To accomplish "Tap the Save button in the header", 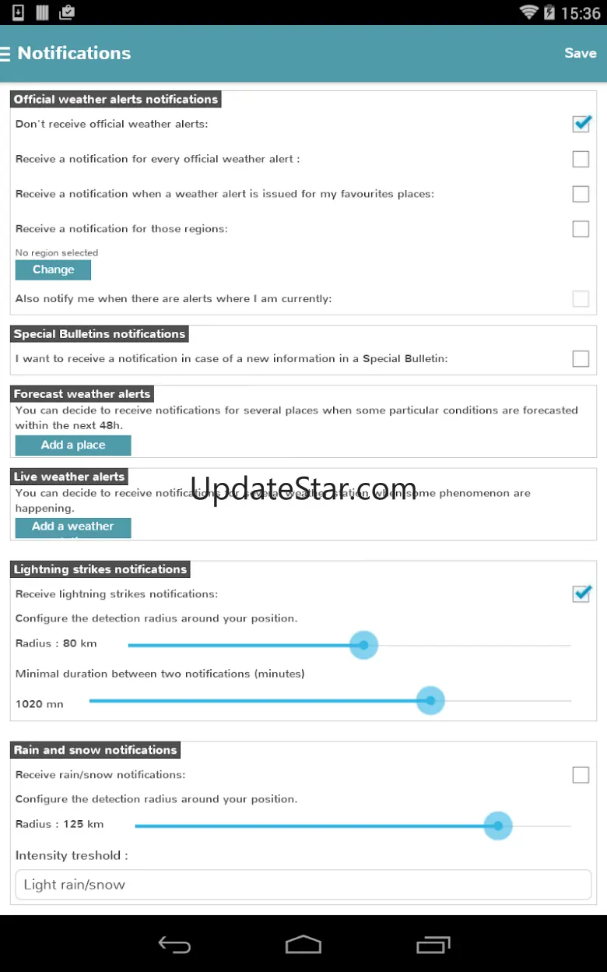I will [580, 53].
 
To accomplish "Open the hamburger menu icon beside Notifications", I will [5, 53].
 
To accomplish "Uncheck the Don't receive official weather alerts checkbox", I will [581, 124].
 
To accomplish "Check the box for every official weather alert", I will [581, 159].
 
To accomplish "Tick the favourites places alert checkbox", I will [581, 194].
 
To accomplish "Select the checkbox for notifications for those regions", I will [581, 229].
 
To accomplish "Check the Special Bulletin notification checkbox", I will [581, 359].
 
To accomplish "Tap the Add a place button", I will [73, 445].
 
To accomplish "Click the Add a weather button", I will [73, 527].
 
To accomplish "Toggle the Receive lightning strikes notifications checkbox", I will [581, 594].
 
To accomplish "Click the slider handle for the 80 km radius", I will [363, 645].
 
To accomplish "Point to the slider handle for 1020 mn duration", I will [430, 701].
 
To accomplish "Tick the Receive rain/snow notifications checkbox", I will [581, 775].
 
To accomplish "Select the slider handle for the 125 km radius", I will [498, 826].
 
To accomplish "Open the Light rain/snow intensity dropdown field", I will [303, 885].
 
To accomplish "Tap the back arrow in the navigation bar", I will [174, 945].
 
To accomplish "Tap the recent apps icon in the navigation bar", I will [433, 945].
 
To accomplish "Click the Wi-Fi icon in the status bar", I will [529, 12].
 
